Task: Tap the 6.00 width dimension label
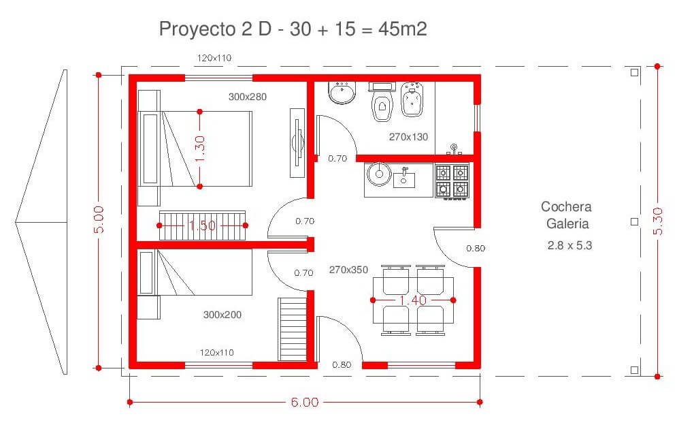pos(305,403)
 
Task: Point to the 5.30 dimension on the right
pos(658,221)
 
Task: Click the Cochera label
pos(566,206)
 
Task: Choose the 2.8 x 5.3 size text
pos(569,245)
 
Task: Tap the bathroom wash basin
pos(342,92)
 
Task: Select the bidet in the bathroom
pos(412,100)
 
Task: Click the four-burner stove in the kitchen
pos(452,182)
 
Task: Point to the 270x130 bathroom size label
pos(408,138)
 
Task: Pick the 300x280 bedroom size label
pos(248,97)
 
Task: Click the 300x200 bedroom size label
pos(222,315)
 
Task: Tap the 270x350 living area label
pos(348,270)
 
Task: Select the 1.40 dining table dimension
pos(413,300)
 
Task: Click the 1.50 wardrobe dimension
pos(202,225)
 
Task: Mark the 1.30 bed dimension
pos(199,149)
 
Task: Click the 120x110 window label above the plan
pos(214,58)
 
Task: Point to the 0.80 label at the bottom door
pos(342,364)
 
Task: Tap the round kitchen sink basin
pos(379,174)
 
